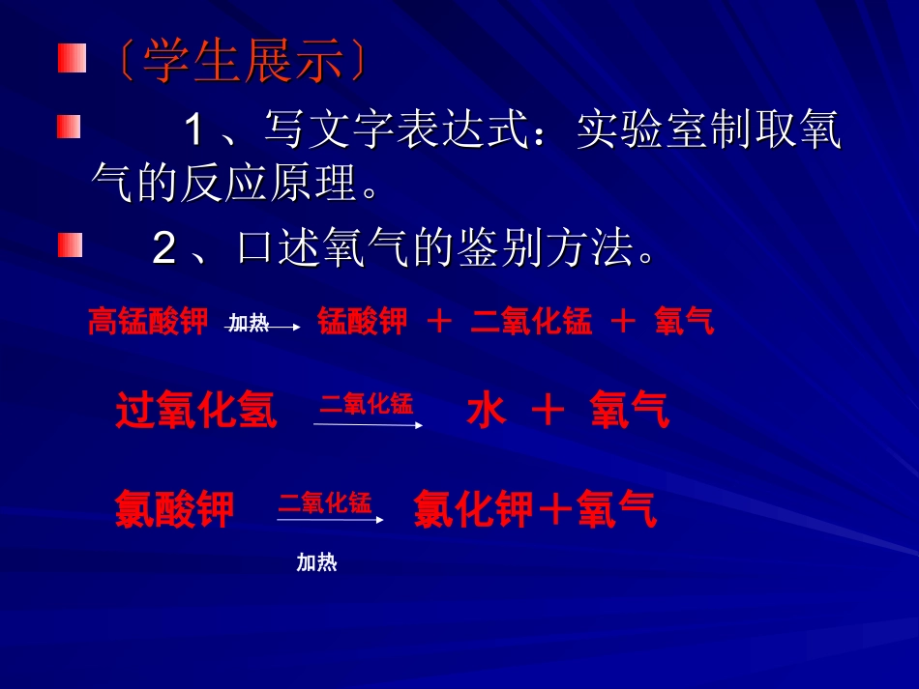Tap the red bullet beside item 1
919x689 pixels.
pyautogui.click(x=68, y=127)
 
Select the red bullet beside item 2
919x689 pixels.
pyautogui.click(x=70, y=244)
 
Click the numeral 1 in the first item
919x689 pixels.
pyautogui.click(x=195, y=129)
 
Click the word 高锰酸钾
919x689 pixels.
pyautogui.click(x=148, y=321)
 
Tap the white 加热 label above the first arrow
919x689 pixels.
pyautogui.click(x=249, y=322)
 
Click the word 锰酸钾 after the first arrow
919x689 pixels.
pyautogui.click(x=363, y=321)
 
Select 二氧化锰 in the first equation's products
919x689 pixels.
pyautogui.click(x=531, y=321)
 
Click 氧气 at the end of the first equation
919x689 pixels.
pyautogui.click(x=684, y=321)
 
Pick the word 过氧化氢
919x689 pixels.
pyautogui.click(x=196, y=411)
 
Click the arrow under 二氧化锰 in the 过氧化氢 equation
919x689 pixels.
pyautogui.click(x=368, y=424)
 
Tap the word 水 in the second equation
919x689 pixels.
pyautogui.click(x=486, y=411)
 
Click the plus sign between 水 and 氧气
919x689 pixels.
pyautogui.click(x=548, y=412)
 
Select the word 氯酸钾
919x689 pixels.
pyautogui.click(x=174, y=508)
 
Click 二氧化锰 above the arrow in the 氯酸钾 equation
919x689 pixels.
pyautogui.click(x=325, y=502)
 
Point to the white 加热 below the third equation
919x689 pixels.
pyautogui.click(x=316, y=562)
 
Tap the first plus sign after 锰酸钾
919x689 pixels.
pyautogui.click(x=439, y=322)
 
